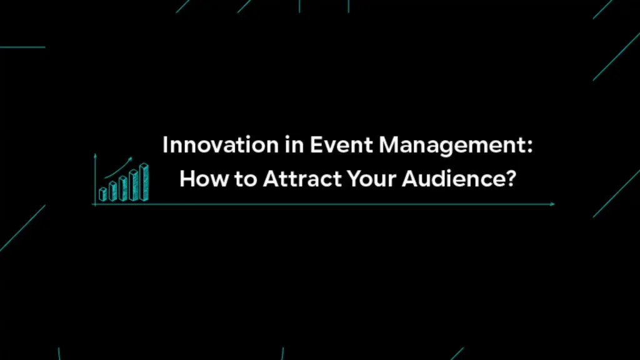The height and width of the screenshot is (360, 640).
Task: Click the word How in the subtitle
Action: pyautogui.click(x=197, y=179)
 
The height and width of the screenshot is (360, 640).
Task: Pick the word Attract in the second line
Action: pyautogui.click(x=297, y=179)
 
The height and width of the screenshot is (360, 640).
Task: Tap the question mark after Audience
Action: pyautogui.click(x=511, y=179)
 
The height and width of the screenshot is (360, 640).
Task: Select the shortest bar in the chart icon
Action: pyautogui.click(x=103, y=194)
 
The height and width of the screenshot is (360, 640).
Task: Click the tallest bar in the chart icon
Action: pyautogui.click(x=144, y=182)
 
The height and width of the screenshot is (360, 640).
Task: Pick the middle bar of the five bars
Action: pyautogui.click(x=123, y=189)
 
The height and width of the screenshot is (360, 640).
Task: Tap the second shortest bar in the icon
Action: pyautogui.click(x=112, y=191)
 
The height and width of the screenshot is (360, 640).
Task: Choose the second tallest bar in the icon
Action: pyautogui.click(x=133, y=185)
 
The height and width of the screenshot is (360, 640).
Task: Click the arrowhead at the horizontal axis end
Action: pyautogui.click(x=552, y=204)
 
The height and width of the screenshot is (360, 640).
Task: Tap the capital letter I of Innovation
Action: pyautogui.click(x=165, y=146)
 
